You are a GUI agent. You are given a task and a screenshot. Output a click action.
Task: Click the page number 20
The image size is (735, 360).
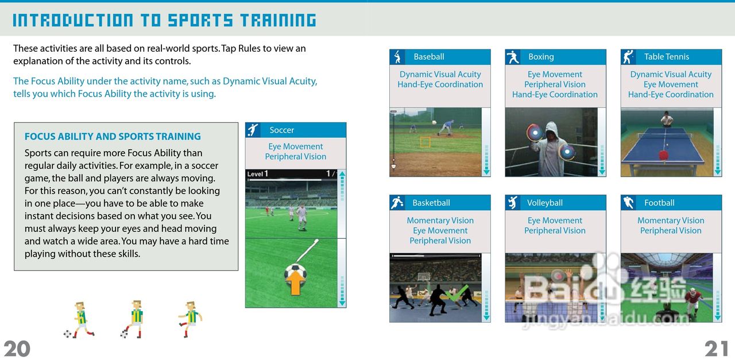coord(17,349)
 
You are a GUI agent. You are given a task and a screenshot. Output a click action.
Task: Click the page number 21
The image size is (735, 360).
coord(716,349)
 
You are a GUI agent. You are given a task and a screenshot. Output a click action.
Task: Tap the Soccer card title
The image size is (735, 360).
coord(281,130)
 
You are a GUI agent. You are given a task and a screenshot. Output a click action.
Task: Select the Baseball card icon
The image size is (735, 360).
coord(397,57)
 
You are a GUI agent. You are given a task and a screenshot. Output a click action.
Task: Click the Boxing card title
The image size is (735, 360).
coord(541,57)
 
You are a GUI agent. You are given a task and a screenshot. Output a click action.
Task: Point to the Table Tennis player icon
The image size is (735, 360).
coord(628,57)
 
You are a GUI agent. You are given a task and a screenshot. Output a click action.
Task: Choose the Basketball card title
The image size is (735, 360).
coord(431,203)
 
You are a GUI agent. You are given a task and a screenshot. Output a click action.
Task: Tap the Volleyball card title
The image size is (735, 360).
coord(545,203)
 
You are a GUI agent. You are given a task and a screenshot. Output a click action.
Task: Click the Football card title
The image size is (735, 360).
coord(659,203)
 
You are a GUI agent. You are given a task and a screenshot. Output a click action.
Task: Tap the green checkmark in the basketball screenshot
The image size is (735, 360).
coord(457,293)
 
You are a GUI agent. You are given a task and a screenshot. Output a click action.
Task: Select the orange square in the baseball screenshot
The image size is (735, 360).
coord(425,142)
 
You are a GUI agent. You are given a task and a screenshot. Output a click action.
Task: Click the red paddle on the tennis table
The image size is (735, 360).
coord(663,155)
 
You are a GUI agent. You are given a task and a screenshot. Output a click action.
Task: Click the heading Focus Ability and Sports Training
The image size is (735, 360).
coord(113,137)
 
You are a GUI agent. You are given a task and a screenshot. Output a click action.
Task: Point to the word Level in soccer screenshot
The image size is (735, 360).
coord(255,174)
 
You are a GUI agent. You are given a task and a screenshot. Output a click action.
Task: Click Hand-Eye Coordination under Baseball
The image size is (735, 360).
coord(440,84)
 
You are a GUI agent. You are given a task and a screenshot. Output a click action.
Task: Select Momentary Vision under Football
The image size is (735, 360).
coord(671,220)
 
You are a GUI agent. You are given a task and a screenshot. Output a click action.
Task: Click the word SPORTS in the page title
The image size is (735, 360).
coord(200,20)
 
